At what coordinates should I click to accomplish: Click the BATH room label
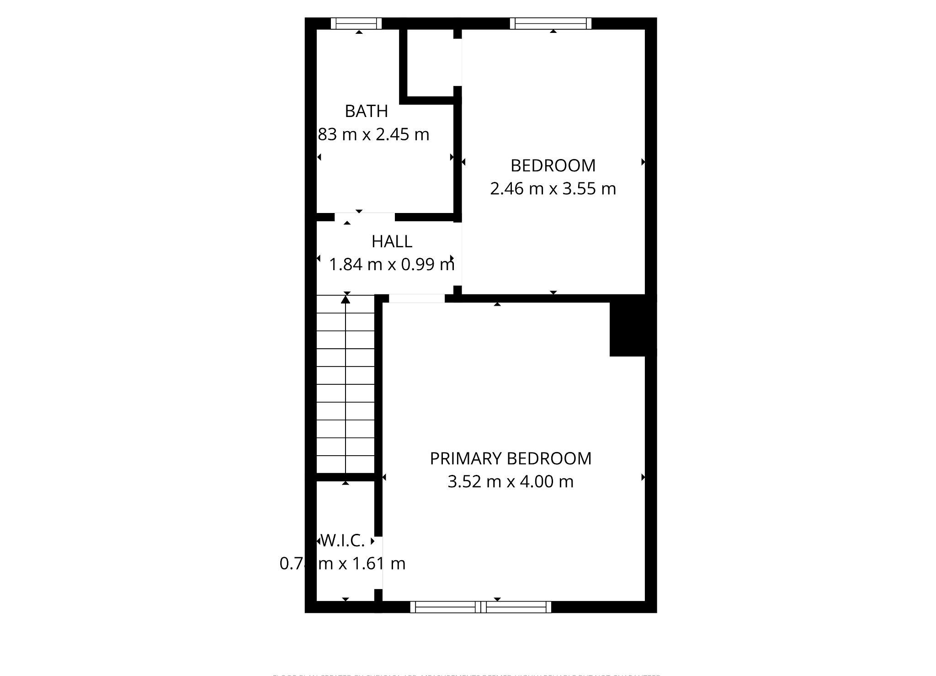click(x=366, y=111)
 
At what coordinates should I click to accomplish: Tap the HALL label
click(x=392, y=241)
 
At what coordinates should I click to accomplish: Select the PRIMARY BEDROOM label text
click(x=511, y=458)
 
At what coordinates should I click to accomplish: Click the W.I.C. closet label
click(x=343, y=541)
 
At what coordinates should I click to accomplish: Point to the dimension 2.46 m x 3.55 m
click(x=553, y=188)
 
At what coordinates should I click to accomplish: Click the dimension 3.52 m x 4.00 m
click(x=511, y=482)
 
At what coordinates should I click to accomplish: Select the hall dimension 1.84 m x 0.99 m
click(x=392, y=264)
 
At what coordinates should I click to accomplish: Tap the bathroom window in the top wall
click(x=356, y=23)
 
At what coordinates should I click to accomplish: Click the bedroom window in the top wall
click(x=550, y=23)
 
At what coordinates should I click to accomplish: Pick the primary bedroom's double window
click(x=481, y=607)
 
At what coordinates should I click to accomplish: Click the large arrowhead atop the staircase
click(x=346, y=299)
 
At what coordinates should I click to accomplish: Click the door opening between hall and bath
click(x=365, y=217)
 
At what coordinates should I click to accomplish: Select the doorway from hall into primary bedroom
click(x=416, y=298)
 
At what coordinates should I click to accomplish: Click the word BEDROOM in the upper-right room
click(x=553, y=165)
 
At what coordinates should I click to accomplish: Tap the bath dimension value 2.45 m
click(x=403, y=134)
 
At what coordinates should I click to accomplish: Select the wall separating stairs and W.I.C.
click(x=346, y=477)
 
